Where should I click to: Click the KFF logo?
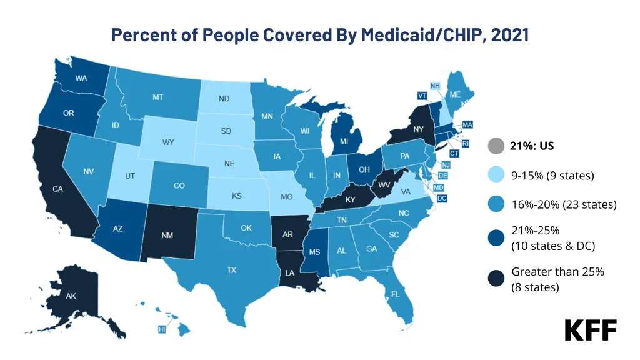[x=591, y=330]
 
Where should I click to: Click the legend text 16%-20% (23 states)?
[x=564, y=204]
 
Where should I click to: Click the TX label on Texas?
[x=232, y=271]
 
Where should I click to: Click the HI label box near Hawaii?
[x=162, y=329]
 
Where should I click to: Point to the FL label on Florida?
[x=395, y=292]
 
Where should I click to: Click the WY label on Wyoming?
[x=168, y=142]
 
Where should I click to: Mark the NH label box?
[x=436, y=85]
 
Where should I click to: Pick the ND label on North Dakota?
[x=224, y=99]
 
